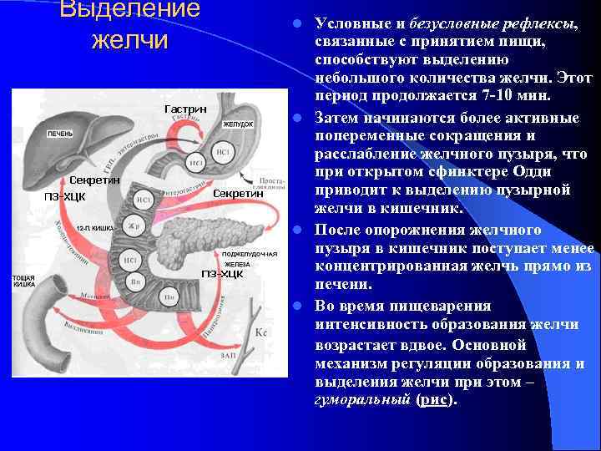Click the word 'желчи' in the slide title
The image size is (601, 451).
[129, 39]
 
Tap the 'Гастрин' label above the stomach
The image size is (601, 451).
[185, 109]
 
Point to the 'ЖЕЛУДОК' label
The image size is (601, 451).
[236, 124]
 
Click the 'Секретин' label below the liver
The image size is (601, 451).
[95, 180]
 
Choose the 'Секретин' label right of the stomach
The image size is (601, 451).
[240, 193]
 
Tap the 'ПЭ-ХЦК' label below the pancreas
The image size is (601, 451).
[221, 273]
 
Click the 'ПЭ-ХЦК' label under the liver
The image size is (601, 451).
[65, 196]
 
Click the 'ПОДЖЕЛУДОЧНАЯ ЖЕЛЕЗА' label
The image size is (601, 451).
[250, 258]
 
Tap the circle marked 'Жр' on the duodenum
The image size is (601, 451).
[133, 226]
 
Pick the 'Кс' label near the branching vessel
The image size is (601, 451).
[260, 332]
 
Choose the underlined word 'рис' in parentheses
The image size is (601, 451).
[433, 399]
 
